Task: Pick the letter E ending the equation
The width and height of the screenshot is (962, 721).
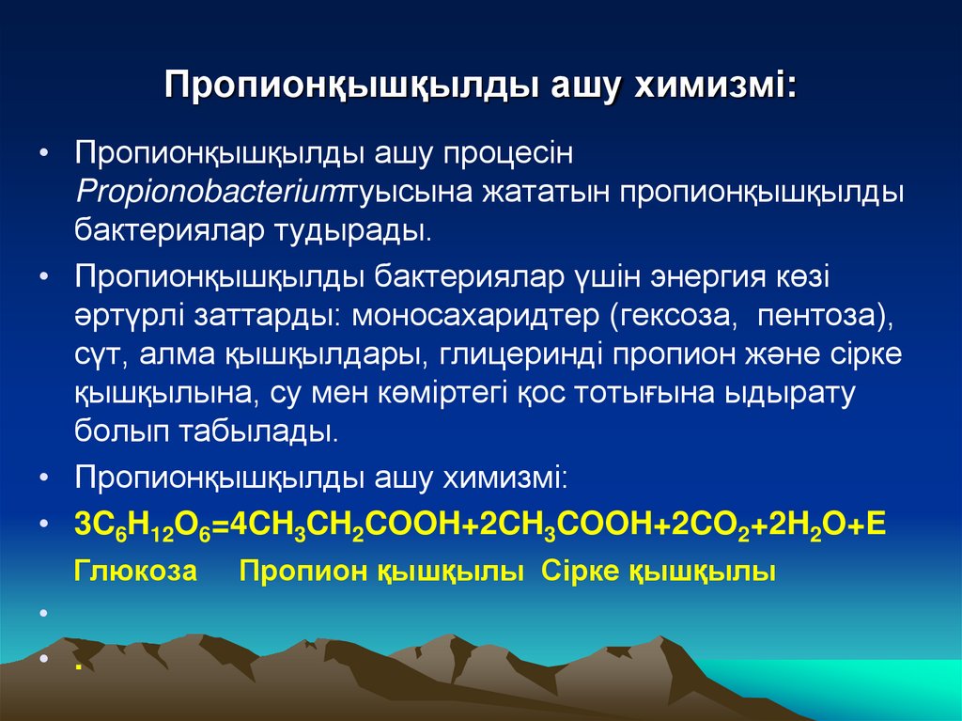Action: (876, 525)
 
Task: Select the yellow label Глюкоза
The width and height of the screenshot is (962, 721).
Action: (135, 572)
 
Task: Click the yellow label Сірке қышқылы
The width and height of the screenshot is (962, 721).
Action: (659, 572)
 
